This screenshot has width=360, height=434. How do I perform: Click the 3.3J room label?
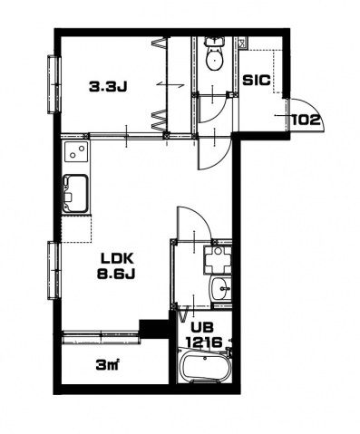[x=108, y=87]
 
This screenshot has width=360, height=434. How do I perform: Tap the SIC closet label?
[x=257, y=81]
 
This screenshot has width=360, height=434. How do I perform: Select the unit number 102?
[x=306, y=121]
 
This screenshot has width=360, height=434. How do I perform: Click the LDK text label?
[x=117, y=258]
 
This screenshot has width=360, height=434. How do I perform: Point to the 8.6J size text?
[x=116, y=274]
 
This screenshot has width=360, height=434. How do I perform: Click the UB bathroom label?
[x=201, y=327]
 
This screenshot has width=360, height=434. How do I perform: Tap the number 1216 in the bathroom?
[x=204, y=342]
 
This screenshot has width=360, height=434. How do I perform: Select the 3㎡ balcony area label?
[x=106, y=365]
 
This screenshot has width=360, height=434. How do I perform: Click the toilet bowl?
[x=214, y=60]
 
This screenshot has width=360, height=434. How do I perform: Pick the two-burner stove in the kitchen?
[x=76, y=152]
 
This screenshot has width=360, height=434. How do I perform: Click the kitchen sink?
[x=76, y=194]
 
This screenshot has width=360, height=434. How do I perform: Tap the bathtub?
[x=205, y=367]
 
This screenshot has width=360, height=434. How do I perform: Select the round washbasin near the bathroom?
[x=221, y=288]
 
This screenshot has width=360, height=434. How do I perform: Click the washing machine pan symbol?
[x=218, y=260]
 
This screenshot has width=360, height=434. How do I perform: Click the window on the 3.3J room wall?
[x=54, y=84]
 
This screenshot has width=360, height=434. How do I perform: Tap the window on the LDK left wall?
[x=54, y=270]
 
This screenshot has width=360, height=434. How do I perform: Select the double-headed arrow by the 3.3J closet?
[x=170, y=85]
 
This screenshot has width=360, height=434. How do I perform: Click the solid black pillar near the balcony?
[x=154, y=329]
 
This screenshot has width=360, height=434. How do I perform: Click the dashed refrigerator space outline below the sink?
[x=76, y=228]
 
